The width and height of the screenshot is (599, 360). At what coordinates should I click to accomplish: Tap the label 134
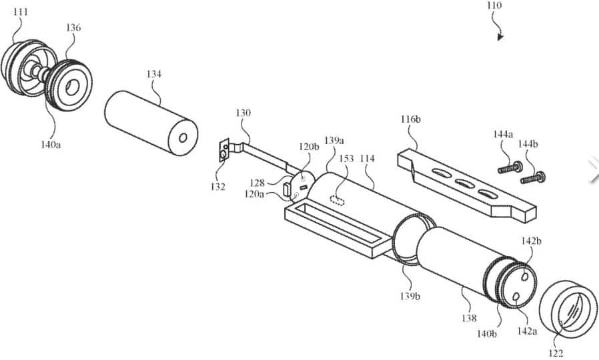tap(154, 75)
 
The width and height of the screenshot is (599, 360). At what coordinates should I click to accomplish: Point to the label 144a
tap(503, 135)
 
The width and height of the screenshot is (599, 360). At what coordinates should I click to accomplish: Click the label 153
tap(346, 159)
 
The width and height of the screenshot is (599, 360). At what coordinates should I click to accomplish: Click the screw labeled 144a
tap(510, 167)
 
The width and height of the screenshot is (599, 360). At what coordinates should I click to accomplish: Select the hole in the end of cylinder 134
tap(183, 138)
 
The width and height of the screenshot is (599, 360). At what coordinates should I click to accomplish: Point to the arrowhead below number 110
tap(500, 37)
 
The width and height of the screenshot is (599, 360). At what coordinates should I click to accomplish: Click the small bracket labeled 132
tap(224, 151)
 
